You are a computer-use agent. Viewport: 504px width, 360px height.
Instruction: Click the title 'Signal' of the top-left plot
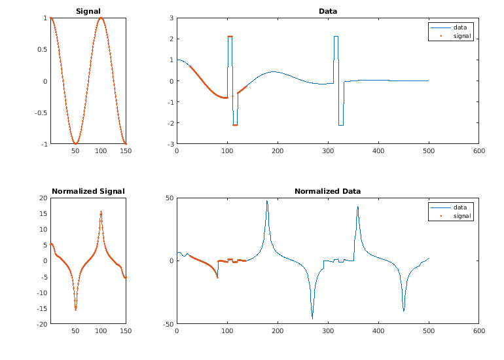click(88, 11)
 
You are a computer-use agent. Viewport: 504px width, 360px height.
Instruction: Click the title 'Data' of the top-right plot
click(328, 11)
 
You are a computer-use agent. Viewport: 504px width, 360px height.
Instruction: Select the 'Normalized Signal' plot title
click(88, 191)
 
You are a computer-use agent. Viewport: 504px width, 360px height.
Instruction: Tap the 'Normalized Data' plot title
click(327, 191)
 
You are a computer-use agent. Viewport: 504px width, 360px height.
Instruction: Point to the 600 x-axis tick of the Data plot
click(478, 152)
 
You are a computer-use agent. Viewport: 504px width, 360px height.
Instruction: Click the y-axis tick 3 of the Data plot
click(170, 18)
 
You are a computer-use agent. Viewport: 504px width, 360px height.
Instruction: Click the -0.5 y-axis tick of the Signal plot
click(41, 113)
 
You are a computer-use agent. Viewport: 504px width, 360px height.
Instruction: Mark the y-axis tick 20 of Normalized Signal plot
click(43, 198)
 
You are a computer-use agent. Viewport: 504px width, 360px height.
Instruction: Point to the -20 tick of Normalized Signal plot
click(41, 324)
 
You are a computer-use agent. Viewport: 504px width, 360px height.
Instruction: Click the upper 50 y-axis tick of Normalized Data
click(168, 198)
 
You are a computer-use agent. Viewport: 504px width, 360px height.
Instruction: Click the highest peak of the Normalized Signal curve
click(101, 211)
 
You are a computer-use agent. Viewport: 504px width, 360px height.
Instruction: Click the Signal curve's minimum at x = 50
click(75, 143)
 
